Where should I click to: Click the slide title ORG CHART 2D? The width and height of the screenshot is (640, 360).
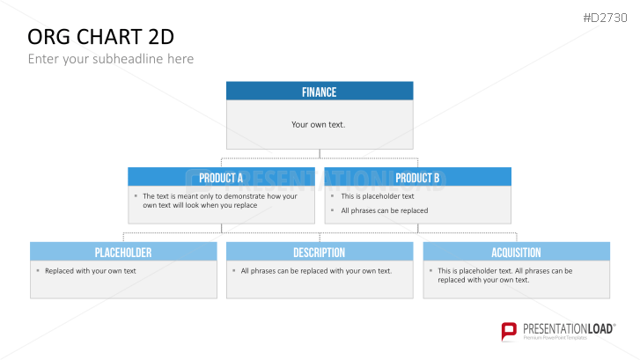pos(101,37)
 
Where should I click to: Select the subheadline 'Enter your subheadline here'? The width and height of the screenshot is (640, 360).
pos(111,59)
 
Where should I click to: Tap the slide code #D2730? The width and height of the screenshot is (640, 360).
pos(605,18)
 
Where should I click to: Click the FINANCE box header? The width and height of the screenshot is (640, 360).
pos(320,91)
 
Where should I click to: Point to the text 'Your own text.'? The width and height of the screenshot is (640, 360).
pos(319,124)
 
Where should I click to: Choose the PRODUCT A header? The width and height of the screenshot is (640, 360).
pos(221,177)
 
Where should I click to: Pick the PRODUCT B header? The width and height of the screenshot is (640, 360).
pos(417,177)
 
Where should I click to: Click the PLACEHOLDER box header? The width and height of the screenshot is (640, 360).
pos(123,252)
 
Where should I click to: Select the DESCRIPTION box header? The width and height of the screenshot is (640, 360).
pos(320,252)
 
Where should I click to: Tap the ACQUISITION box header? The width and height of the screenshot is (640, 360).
pos(517,252)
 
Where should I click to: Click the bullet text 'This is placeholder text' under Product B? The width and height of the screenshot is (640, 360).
pos(378,196)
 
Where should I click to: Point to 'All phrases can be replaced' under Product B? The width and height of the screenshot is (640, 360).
pos(385,210)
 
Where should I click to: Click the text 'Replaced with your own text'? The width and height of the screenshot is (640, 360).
pos(91,271)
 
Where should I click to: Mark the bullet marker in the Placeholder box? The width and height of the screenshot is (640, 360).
pos(38,270)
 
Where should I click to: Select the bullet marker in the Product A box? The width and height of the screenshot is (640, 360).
pos(136,195)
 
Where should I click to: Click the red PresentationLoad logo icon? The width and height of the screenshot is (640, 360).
pos(509,331)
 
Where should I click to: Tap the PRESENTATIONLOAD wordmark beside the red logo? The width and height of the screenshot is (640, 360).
pos(569,328)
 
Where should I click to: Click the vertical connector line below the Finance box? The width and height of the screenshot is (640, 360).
pos(320,153)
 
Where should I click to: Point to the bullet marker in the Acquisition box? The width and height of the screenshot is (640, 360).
pos(430,270)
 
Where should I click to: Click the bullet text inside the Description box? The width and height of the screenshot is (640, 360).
pos(316,271)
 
